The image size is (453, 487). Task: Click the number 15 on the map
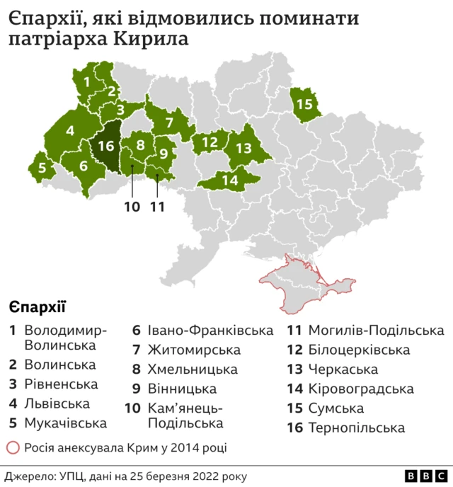coord(304,104)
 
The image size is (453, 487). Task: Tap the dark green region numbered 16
coord(106,147)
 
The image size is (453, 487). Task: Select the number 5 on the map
coord(42,168)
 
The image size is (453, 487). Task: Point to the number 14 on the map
coord(230,180)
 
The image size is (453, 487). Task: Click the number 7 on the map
coord(169,122)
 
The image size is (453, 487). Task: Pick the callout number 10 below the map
coord(132,207)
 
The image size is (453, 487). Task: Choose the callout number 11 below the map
coord(157,207)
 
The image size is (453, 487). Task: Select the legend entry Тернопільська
coord(357,428)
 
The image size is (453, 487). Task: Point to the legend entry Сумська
coord(336,408)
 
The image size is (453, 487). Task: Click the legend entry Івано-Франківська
coord(210,331)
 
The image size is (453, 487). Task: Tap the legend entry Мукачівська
coord(66,423)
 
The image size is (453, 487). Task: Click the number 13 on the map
coord(243,148)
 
